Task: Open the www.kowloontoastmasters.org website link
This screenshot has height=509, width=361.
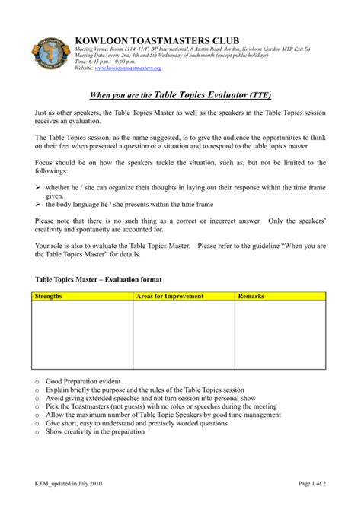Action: coord(118,68)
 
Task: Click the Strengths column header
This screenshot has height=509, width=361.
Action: coord(50,296)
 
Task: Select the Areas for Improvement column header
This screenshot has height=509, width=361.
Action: coord(170,296)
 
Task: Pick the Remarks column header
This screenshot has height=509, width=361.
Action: coord(252,296)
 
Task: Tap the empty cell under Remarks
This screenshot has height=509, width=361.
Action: coord(280,335)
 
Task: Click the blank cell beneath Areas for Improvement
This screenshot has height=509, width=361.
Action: coord(184,335)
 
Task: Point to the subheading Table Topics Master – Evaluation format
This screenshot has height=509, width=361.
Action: coord(100,279)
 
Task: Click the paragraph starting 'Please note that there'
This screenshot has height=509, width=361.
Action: coord(180,224)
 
